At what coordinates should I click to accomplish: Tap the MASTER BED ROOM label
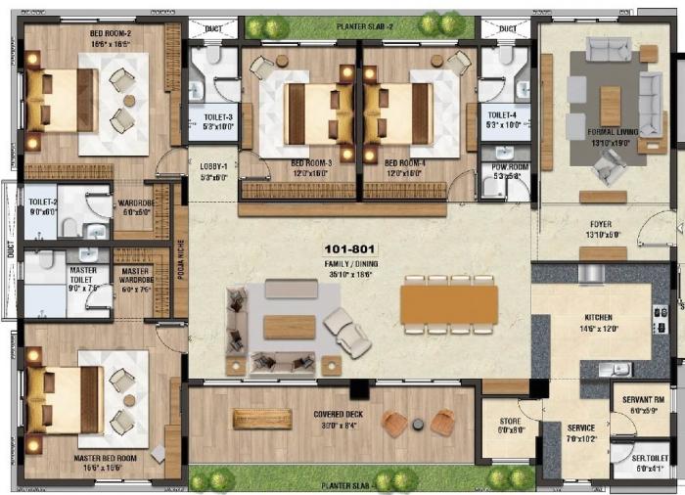tap(105, 457)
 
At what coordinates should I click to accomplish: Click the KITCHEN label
tap(598, 318)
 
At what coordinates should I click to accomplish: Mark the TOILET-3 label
tap(217, 116)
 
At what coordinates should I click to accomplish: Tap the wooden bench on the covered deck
tap(262, 419)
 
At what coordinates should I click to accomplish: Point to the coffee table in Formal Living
tap(611, 106)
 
